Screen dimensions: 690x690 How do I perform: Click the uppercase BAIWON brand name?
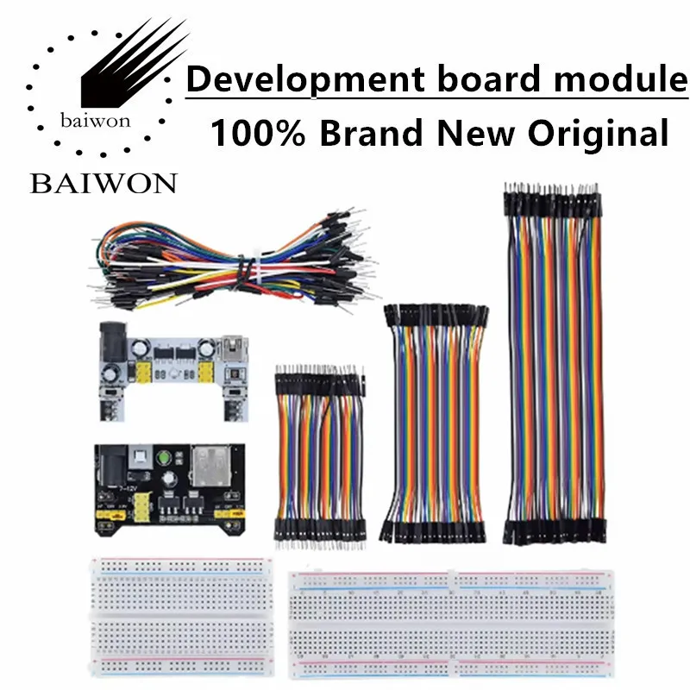[103, 184]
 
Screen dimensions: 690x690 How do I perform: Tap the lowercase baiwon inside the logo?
[95, 120]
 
